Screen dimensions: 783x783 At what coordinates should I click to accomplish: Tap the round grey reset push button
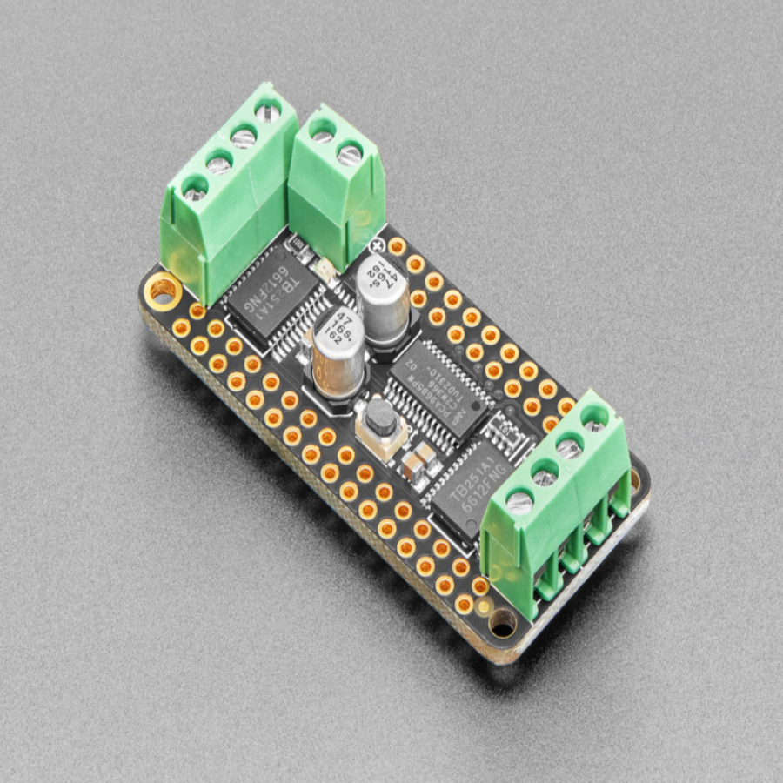(x=378, y=418)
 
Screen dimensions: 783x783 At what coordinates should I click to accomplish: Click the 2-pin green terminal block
(x=336, y=183)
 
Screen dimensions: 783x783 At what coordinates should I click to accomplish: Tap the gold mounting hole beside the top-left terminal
(x=163, y=291)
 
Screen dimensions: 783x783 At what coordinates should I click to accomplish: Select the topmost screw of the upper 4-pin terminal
(x=267, y=111)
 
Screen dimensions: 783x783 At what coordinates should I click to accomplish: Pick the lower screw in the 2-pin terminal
(x=349, y=154)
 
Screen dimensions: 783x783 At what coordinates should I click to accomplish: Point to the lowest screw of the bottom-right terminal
(x=519, y=502)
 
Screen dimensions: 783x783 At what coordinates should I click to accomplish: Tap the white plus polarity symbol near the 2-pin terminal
(x=378, y=245)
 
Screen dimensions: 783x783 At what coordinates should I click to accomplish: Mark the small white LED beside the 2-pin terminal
(x=319, y=271)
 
